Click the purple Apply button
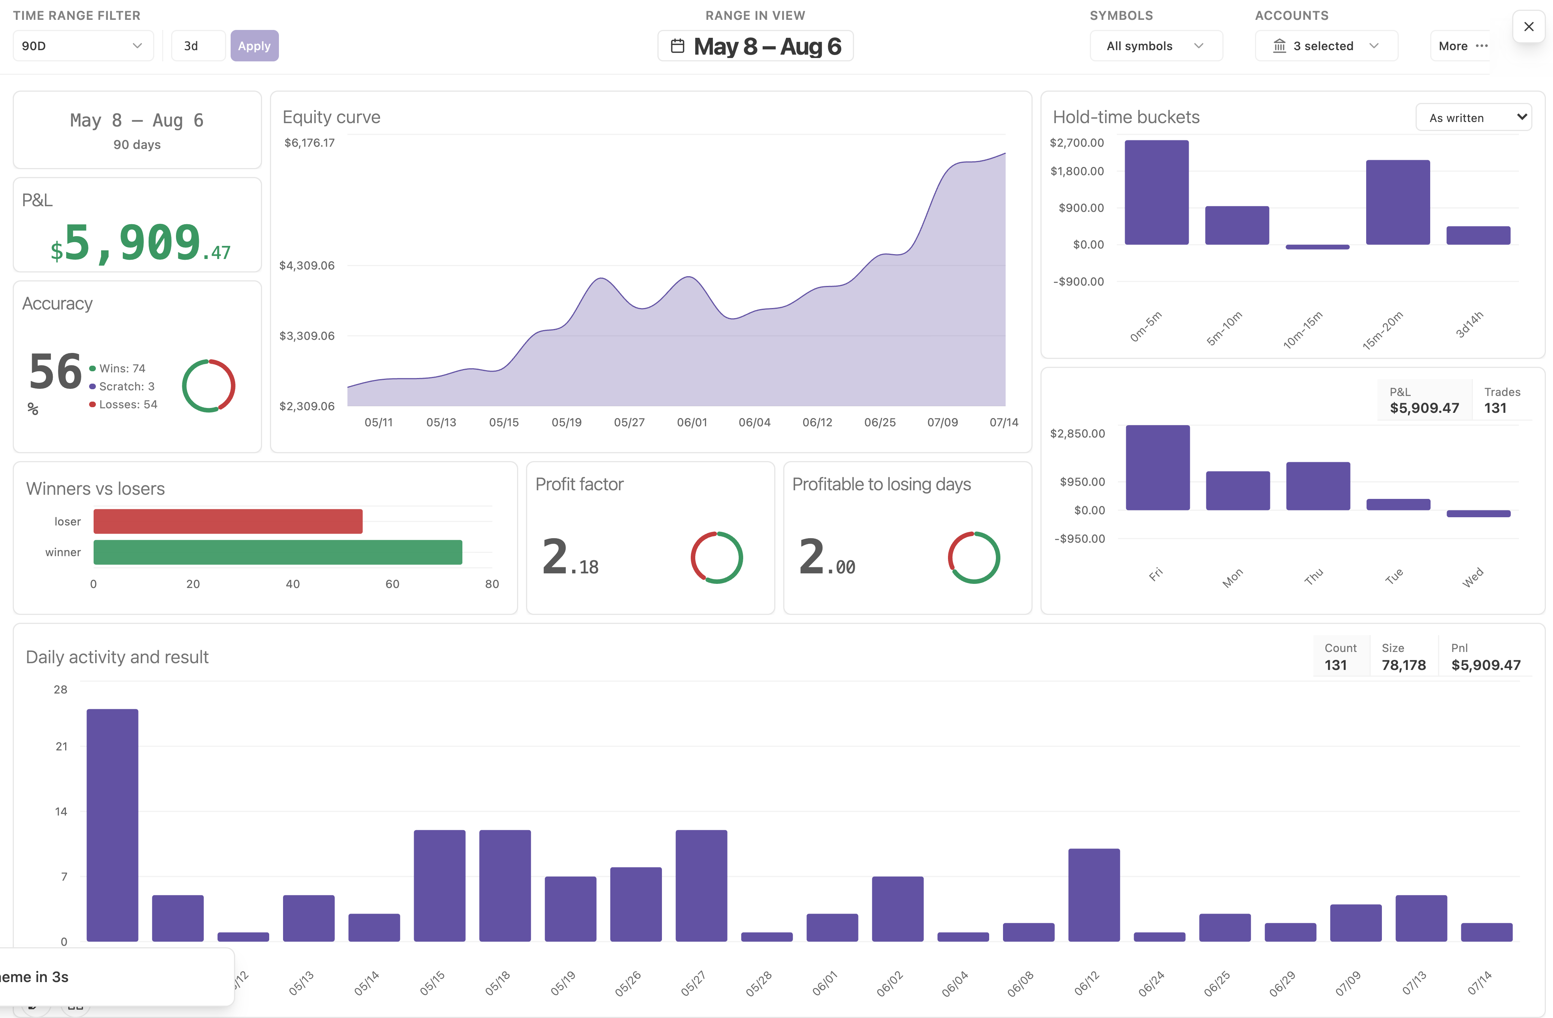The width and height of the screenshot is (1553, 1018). [x=255, y=46]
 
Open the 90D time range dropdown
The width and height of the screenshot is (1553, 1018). [x=83, y=46]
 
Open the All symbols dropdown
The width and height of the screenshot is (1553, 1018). [x=1156, y=46]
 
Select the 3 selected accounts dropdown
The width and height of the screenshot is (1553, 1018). [x=1326, y=46]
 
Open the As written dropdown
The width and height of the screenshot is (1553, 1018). [x=1473, y=118]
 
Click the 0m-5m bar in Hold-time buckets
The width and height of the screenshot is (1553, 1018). [x=1156, y=192]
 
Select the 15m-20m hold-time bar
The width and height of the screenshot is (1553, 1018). [x=1398, y=202]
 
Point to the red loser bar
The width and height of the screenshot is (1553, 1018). [x=228, y=521]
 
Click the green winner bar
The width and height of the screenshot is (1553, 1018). [x=278, y=552]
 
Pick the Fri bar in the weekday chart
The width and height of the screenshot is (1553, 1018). [x=1158, y=467]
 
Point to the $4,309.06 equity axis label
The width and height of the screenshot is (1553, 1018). [x=307, y=265]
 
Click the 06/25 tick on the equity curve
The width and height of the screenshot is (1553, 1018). [x=879, y=422]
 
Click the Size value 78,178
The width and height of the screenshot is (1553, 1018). [x=1404, y=665]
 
